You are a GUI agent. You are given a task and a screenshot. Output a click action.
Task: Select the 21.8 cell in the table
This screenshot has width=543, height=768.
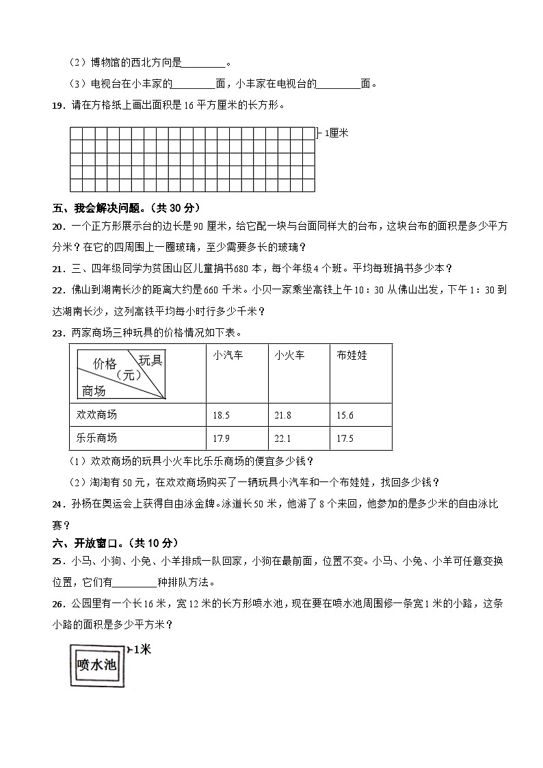286,415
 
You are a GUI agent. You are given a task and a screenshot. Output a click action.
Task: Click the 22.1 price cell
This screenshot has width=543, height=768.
286,438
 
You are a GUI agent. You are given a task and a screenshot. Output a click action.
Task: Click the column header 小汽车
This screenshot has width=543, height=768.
228,356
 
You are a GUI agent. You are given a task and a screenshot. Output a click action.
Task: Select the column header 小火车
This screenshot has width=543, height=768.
290,356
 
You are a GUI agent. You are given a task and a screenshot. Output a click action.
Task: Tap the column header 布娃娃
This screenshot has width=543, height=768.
352,356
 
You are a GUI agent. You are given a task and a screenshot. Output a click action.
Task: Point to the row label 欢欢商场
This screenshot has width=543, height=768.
99,415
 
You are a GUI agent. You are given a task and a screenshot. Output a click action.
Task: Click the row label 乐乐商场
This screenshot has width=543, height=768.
99,438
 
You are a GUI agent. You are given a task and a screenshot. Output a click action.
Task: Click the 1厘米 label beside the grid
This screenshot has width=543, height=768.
336,133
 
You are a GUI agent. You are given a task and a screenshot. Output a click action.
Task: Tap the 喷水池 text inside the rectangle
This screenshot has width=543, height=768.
97,665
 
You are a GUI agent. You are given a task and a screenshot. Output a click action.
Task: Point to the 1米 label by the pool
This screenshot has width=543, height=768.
142,649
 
